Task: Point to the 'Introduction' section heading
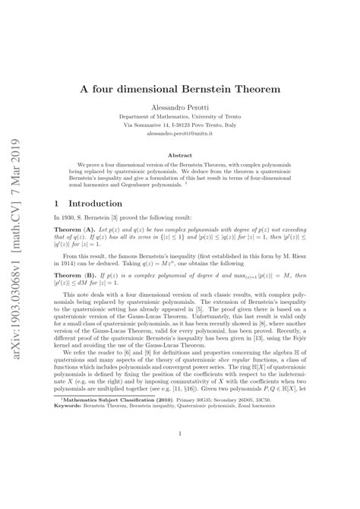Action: click(95, 204)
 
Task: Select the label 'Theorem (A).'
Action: click(76, 229)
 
